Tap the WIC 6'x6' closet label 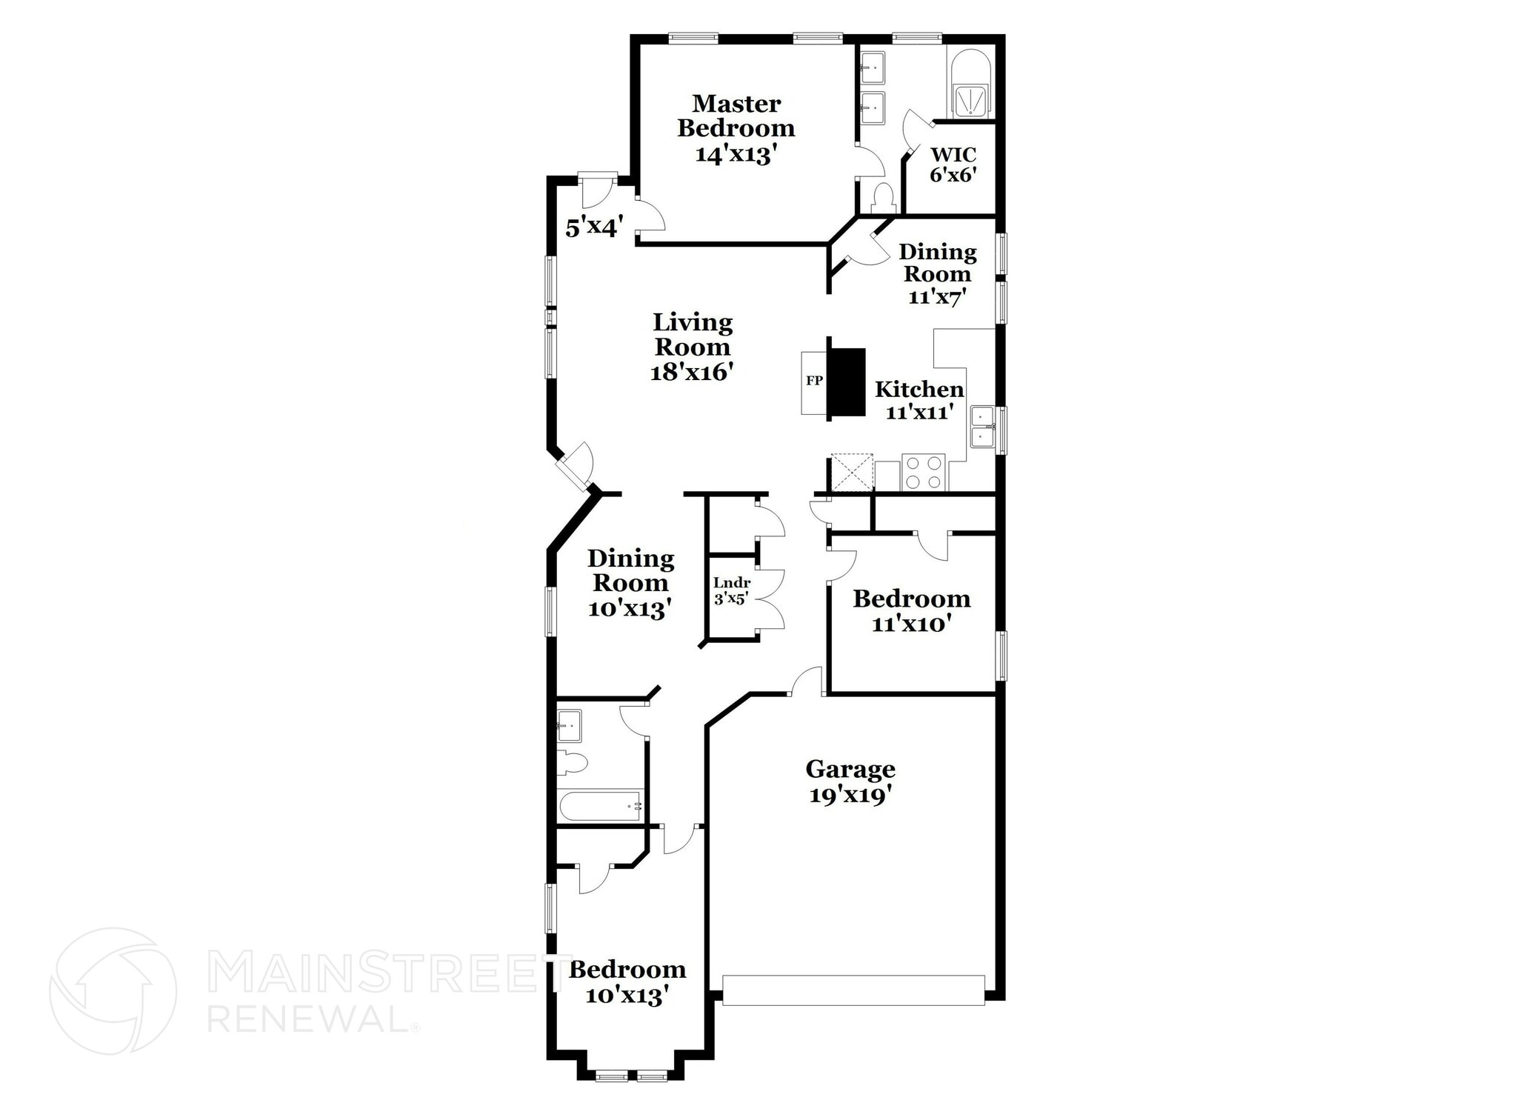[x=953, y=164]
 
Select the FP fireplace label [x=814, y=381]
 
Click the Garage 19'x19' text [x=850, y=782]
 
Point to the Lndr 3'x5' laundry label [x=732, y=590]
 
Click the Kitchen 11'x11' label [x=919, y=400]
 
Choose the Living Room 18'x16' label [x=692, y=347]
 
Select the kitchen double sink [x=983, y=427]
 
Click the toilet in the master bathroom [x=883, y=197]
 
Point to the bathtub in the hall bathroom [x=599, y=807]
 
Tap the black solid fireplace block [x=847, y=382]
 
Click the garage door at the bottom [x=853, y=990]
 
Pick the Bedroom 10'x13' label [x=627, y=982]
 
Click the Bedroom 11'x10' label [x=911, y=611]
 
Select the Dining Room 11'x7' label [x=937, y=274]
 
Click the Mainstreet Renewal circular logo [x=113, y=991]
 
